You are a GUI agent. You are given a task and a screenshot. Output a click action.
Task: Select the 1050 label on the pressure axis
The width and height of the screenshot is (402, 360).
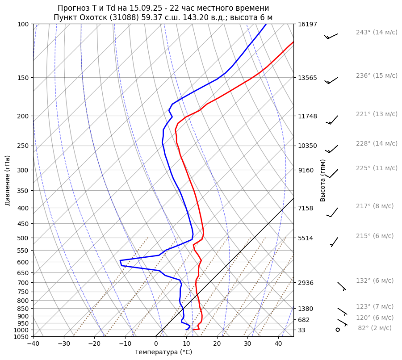point(22,337)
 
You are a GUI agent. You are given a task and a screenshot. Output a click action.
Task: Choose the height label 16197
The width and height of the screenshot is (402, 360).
point(307,24)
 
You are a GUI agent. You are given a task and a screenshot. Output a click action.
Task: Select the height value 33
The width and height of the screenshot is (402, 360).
point(301,330)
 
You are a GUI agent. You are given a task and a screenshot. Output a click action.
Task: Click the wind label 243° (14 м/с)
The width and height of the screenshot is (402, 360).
point(377,33)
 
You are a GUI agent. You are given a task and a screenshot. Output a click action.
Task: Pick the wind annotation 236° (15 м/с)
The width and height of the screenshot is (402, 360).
point(377,76)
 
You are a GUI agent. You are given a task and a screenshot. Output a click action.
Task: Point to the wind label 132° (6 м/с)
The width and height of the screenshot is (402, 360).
point(375,281)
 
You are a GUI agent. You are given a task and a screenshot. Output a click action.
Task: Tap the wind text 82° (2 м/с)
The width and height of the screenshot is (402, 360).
point(375,328)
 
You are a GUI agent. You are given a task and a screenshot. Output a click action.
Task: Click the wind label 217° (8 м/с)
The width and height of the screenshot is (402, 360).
point(375,206)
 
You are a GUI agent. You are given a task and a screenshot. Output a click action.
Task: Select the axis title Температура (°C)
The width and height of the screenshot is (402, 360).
point(163,352)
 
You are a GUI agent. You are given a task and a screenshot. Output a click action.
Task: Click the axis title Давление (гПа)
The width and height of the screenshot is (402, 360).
point(8,180)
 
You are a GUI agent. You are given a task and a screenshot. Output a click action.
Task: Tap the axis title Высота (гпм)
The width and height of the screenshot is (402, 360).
point(322,180)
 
